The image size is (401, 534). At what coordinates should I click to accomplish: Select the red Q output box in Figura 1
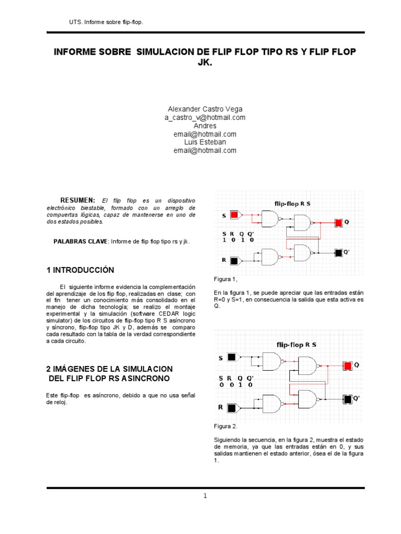pos(338,223)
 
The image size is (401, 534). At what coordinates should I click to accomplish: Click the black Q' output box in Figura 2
pos(347,399)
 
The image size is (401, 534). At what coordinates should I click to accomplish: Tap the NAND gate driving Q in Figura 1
pos(302,223)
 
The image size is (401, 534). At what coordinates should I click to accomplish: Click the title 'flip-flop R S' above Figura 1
pos(292,203)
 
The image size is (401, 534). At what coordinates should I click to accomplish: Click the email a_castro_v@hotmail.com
pos(205,117)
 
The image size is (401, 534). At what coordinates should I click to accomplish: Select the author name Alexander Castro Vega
pos(205,109)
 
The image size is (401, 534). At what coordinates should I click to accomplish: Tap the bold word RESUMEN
pos(77,200)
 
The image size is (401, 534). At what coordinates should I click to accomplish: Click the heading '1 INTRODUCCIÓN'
pos(80,270)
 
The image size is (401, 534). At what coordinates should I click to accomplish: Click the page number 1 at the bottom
pos(206,496)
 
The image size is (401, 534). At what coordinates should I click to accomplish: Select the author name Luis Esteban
pos(205,142)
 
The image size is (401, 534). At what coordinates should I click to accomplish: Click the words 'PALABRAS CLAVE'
pos(80,241)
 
